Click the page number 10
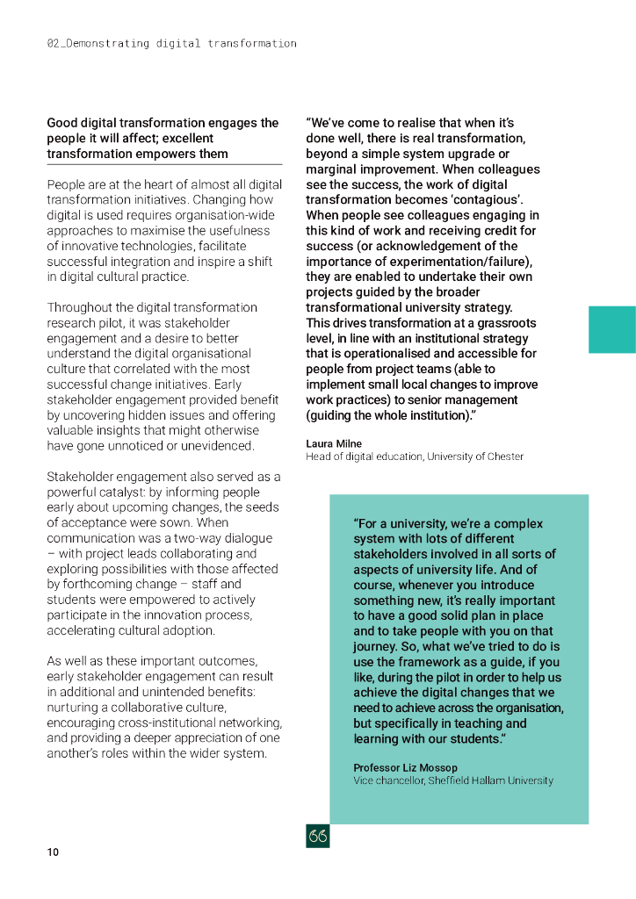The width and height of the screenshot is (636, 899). pyautogui.click(x=53, y=852)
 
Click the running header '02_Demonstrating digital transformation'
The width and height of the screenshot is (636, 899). pyautogui.click(x=171, y=43)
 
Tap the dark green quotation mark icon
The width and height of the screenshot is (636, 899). pyautogui.click(x=317, y=837)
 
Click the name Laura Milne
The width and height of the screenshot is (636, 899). pyautogui.click(x=334, y=444)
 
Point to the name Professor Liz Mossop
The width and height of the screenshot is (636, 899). pyautogui.click(x=405, y=768)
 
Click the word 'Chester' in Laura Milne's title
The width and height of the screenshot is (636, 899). pyautogui.click(x=505, y=457)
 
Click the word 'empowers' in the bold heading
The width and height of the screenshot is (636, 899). pyautogui.click(x=170, y=154)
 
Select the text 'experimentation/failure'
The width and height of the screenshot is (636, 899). pyautogui.click(x=460, y=262)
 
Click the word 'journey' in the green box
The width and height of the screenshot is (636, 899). pyautogui.click(x=376, y=647)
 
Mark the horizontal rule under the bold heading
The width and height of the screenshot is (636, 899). pyautogui.click(x=164, y=164)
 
